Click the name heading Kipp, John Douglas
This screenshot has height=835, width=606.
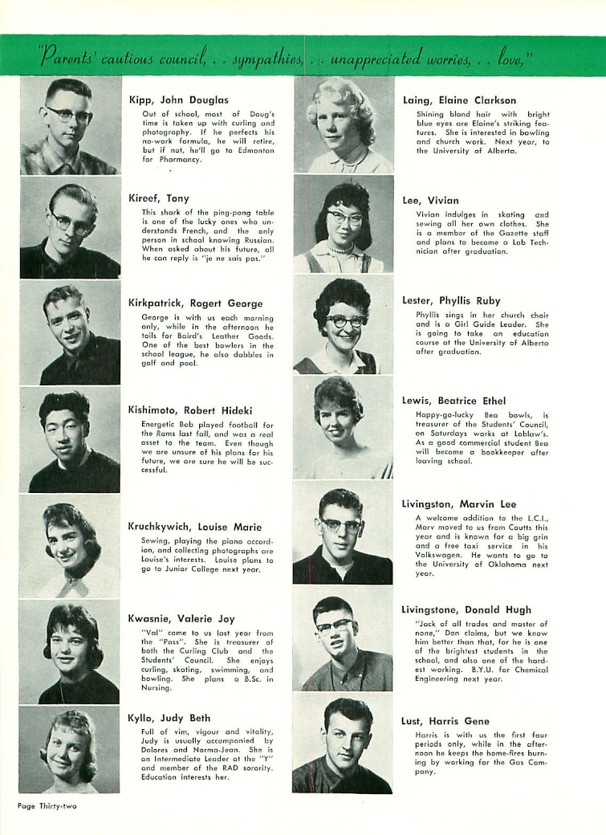[x=178, y=100]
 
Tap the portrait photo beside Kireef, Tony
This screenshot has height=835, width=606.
[x=70, y=227]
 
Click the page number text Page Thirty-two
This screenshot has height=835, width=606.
[x=47, y=804]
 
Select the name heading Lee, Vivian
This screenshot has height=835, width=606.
[x=430, y=201]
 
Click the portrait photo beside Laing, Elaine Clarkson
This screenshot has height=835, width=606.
[x=344, y=125]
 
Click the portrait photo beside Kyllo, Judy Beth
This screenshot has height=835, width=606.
[x=70, y=749]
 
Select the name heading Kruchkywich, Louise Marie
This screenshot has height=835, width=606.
[x=194, y=527]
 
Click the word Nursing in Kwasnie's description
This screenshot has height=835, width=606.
[x=157, y=687]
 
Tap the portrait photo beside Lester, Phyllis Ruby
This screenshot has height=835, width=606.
[x=344, y=324]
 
